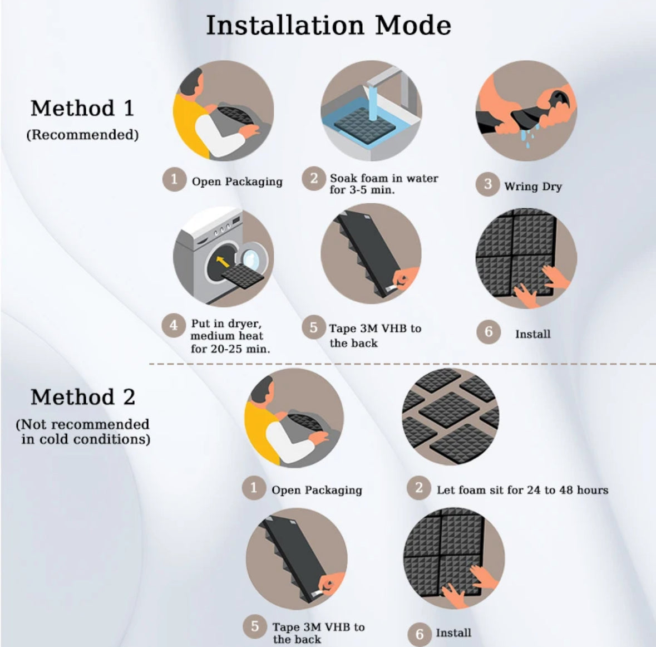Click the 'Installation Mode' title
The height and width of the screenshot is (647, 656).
pos(328,25)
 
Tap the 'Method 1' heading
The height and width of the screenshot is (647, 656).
pos(82,108)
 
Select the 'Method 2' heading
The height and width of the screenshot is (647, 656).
pos(83,396)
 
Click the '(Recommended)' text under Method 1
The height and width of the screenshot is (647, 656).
pos(82,135)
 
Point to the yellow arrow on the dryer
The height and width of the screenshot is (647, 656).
pos(223,262)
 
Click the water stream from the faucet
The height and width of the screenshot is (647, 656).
pos(372,103)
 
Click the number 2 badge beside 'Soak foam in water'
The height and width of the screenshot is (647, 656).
pos(314,179)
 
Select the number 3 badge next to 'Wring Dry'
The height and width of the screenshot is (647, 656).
pos(487,184)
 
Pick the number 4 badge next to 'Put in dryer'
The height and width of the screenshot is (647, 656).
pos(174,325)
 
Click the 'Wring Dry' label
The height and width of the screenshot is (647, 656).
pos(533,187)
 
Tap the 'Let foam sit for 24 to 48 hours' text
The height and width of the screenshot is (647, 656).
pos(522,490)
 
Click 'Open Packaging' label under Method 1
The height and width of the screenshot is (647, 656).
pos(237,182)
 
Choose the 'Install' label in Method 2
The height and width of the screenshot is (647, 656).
pos(453,633)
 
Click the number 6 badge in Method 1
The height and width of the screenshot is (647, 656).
pos(489,332)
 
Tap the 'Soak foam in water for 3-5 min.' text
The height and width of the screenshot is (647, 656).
pos(384,184)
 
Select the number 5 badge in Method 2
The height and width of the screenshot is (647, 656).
pos(255,626)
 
